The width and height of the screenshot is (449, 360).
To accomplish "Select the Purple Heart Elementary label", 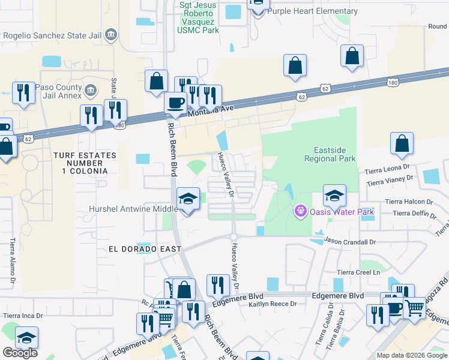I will pyautogui.click(x=312, y=11).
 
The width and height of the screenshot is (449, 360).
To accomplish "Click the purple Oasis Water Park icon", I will pyautogui.click(x=300, y=211).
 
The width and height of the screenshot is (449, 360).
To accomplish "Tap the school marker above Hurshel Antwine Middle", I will pyautogui.click(x=188, y=199).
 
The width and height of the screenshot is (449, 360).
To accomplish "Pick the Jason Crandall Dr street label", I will pyautogui.click(x=350, y=242).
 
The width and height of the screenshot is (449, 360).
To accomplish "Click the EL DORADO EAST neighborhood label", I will pyautogui.click(x=137, y=248).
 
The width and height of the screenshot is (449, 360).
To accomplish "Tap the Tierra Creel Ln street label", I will pyautogui.click(x=358, y=272).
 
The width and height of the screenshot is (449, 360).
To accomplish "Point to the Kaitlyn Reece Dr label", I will pyautogui.click(x=273, y=304).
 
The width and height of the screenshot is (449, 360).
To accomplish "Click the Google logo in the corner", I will pyautogui.click(x=20, y=353).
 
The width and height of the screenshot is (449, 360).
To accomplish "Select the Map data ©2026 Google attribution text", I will pyautogui.click(x=411, y=355).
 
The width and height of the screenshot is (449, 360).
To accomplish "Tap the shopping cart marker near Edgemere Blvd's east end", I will pyautogui.click(x=414, y=308).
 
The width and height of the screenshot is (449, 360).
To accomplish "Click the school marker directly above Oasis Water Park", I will pyautogui.click(x=334, y=195).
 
